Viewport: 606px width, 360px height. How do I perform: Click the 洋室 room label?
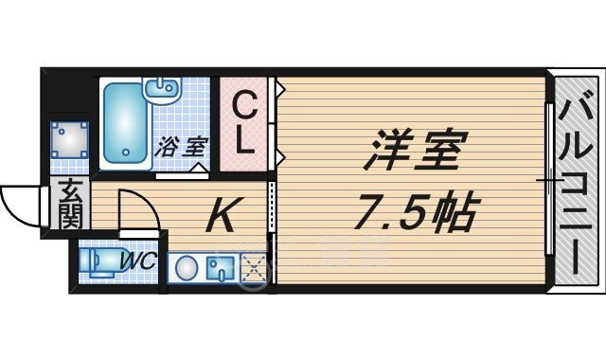416,150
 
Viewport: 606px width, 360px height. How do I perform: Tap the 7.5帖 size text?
418,210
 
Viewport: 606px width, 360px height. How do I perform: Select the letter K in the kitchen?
223,214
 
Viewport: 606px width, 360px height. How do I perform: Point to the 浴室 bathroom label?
182,147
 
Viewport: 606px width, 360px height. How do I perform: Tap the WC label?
138,261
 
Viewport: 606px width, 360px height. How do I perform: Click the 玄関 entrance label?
72,204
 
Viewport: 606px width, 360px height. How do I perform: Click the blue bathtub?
125,123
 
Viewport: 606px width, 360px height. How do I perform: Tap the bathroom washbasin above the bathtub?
161,88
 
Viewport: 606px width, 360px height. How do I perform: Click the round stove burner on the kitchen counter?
187,267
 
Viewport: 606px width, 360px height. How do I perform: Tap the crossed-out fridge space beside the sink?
254,268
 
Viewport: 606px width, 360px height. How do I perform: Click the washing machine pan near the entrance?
70,139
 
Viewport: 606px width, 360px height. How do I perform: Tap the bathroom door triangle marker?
200,168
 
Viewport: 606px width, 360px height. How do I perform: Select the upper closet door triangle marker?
280,89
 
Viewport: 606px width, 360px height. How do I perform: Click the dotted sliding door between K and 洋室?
272,207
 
